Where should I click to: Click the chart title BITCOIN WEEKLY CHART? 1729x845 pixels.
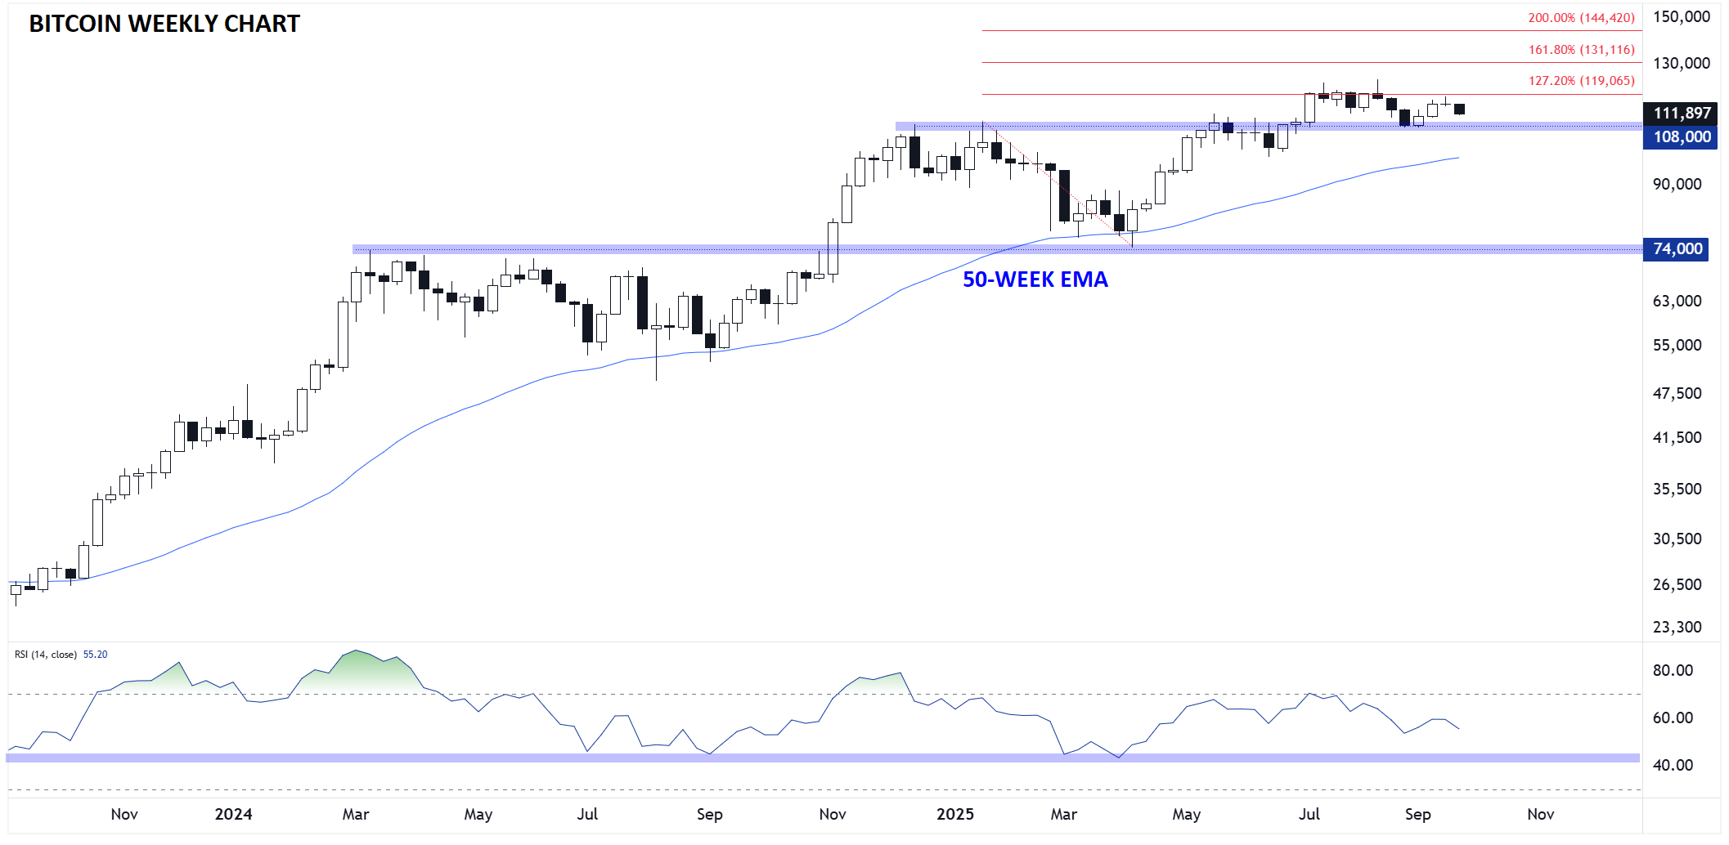(164, 25)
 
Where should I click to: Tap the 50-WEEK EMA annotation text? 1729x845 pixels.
(1035, 279)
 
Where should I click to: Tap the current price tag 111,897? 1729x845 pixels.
(1682, 114)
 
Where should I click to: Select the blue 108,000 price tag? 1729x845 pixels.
(1682, 137)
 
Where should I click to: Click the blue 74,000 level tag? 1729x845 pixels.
(1677, 249)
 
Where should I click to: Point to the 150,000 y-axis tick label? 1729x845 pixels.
(1681, 17)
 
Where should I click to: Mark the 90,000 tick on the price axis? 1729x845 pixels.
(1677, 185)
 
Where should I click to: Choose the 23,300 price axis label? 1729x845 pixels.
(1677, 628)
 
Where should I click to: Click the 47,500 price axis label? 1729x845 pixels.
(1677, 394)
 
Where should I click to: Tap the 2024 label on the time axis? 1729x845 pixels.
(233, 815)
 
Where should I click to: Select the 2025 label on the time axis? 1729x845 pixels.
(954, 815)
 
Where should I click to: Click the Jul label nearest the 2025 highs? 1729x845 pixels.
(1309, 815)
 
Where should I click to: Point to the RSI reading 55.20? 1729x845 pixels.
(96, 655)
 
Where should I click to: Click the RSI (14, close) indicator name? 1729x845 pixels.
(46, 655)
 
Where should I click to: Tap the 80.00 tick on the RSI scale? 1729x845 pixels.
(1673, 671)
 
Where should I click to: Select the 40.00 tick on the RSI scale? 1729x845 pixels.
(1673, 766)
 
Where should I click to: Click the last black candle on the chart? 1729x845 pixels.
(1459, 110)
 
